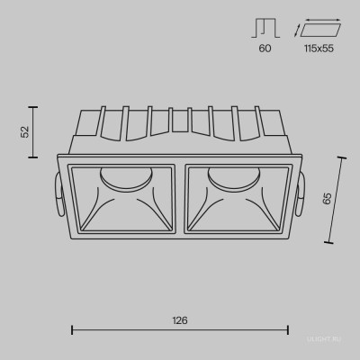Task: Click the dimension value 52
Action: click(26, 130)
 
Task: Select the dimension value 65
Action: click(328, 201)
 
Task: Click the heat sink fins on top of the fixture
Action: click(180, 126)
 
